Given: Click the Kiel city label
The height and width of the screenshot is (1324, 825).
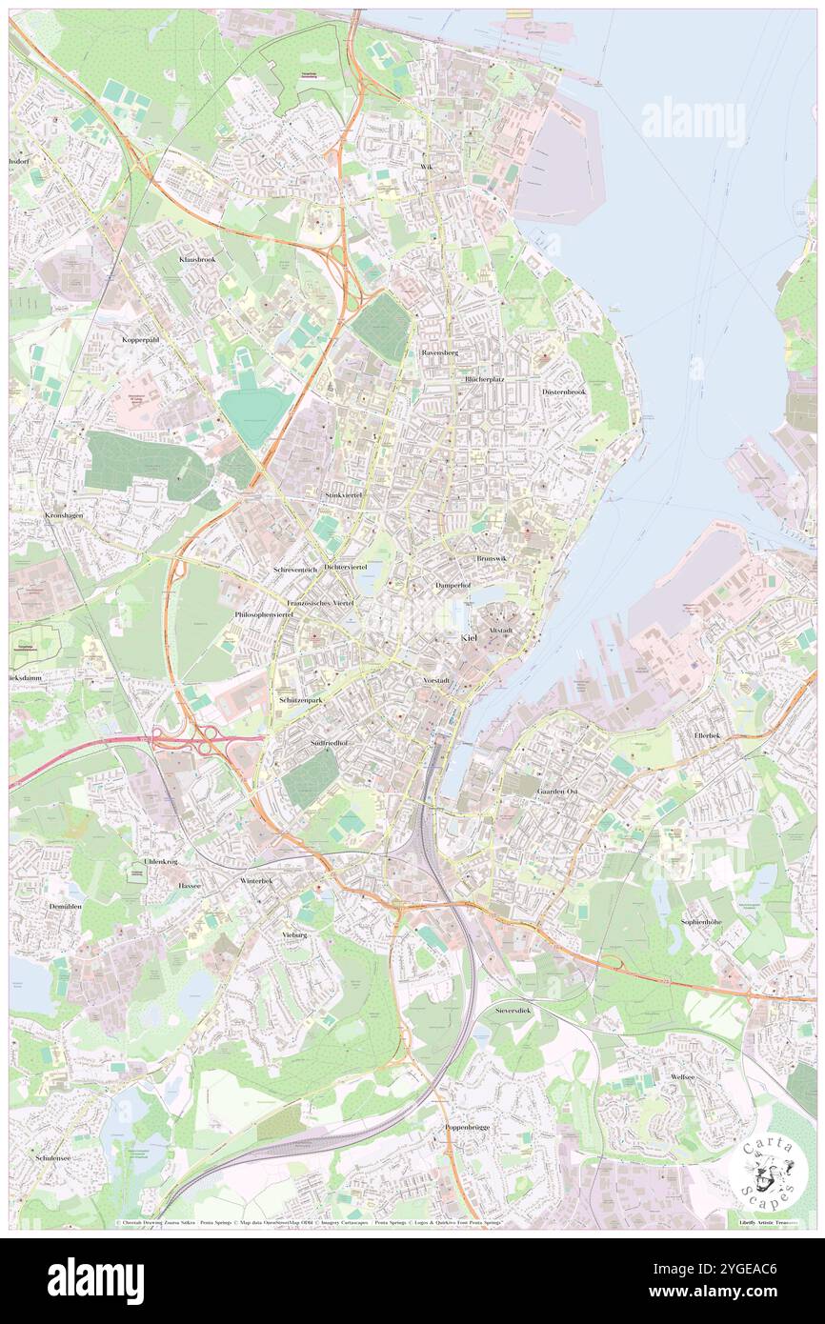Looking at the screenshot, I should [x=469, y=637].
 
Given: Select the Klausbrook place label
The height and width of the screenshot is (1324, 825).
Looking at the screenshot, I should [x=197, y=259].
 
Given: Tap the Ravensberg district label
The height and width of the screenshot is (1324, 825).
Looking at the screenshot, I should [x=440, y=352].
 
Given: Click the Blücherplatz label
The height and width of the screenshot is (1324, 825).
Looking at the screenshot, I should [x=484, y=378].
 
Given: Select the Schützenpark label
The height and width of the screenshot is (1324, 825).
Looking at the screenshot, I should [x=302, y=699].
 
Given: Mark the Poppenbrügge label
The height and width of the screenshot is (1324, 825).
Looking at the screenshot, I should [x=467, y=1127].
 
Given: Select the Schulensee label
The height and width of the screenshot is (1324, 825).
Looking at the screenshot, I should [x=53, y=1156].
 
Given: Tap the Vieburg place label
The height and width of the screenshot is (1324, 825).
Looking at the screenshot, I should [x=294, y=935].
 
